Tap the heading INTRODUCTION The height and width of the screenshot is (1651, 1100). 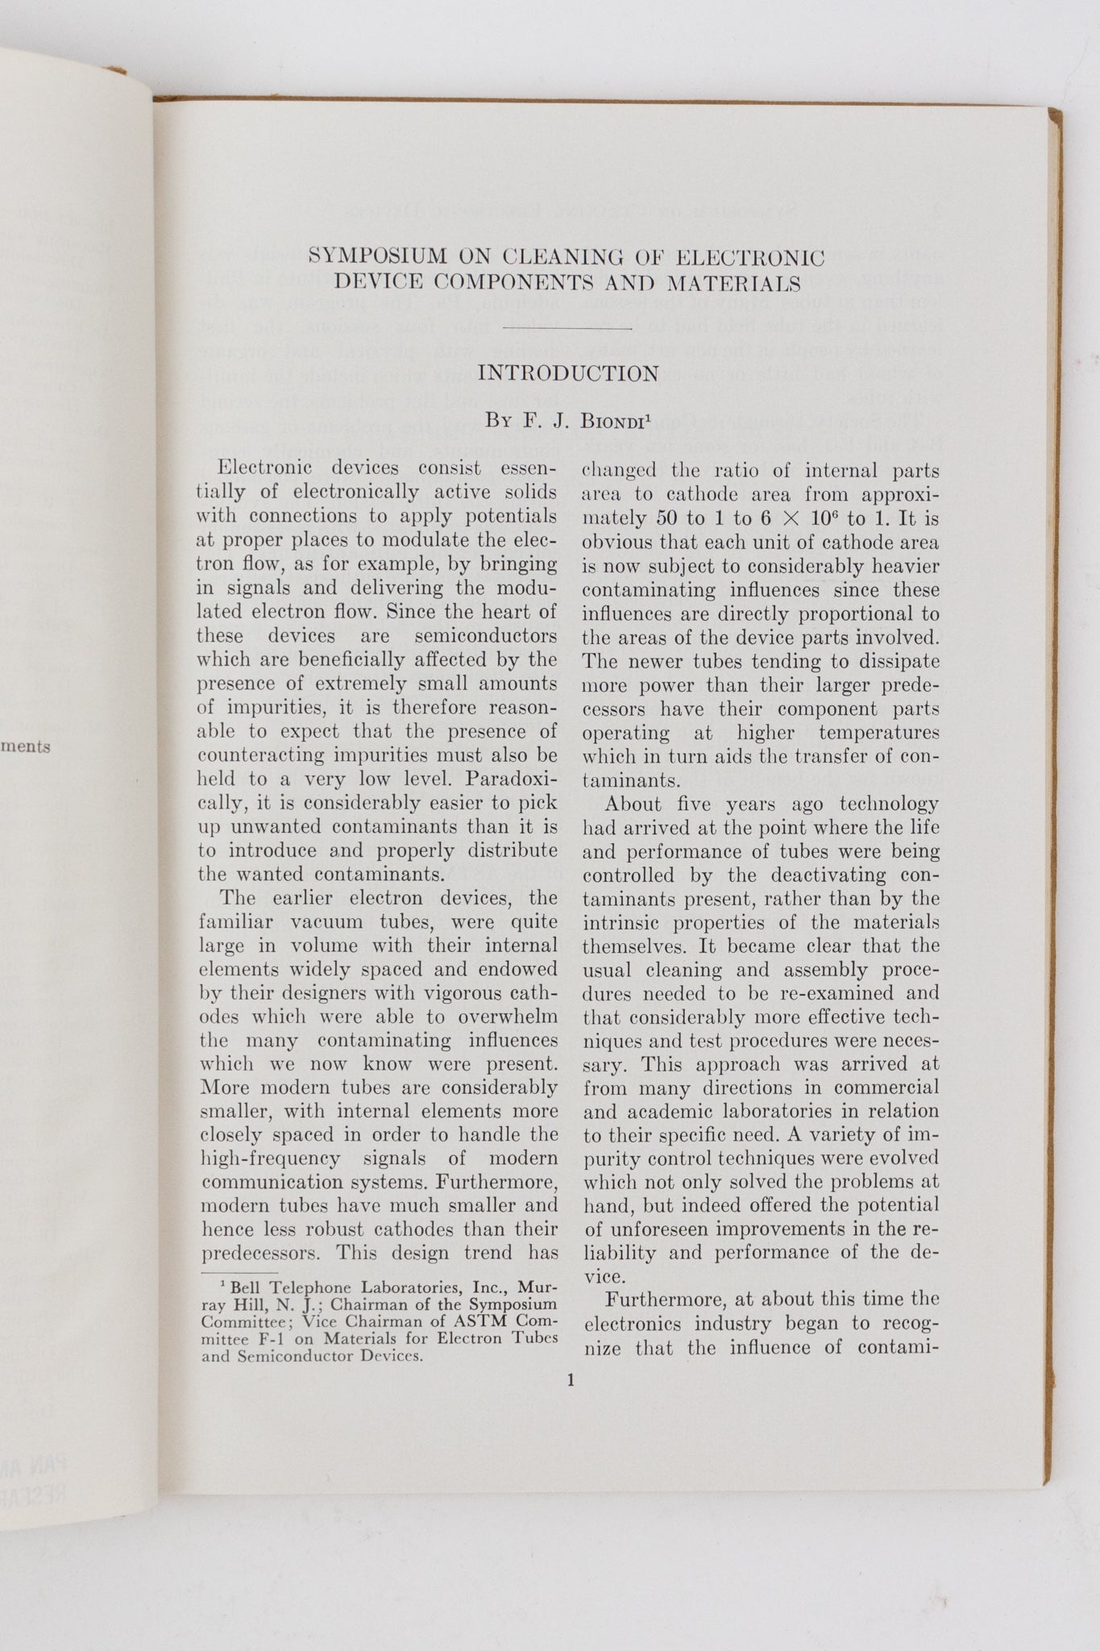point(568,373)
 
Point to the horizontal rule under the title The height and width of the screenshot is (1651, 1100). point(567,328)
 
